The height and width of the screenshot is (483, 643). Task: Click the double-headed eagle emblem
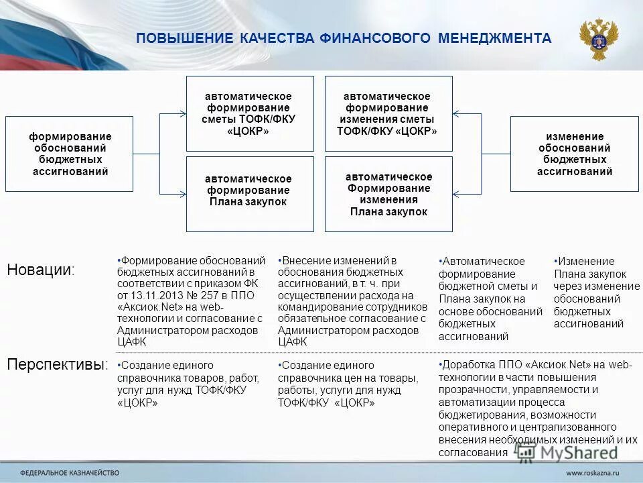(598, 40)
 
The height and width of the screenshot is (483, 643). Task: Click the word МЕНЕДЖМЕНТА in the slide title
(495, 39)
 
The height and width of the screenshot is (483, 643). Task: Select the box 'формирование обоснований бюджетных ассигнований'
(70, 154)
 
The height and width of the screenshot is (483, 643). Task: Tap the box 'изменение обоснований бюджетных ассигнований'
(575, 154)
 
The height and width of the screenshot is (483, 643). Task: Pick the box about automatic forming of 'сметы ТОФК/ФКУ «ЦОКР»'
(249, 113)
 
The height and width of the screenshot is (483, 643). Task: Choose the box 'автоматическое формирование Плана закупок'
(249, 194)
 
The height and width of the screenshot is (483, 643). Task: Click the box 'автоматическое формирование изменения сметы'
(388, 113)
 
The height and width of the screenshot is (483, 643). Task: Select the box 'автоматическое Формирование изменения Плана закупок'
(388, 194)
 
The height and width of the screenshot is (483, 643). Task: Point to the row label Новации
(41, 270)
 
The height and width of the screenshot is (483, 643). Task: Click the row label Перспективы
(57, 365)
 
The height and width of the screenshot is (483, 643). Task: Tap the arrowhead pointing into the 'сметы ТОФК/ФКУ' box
(183, 115)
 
